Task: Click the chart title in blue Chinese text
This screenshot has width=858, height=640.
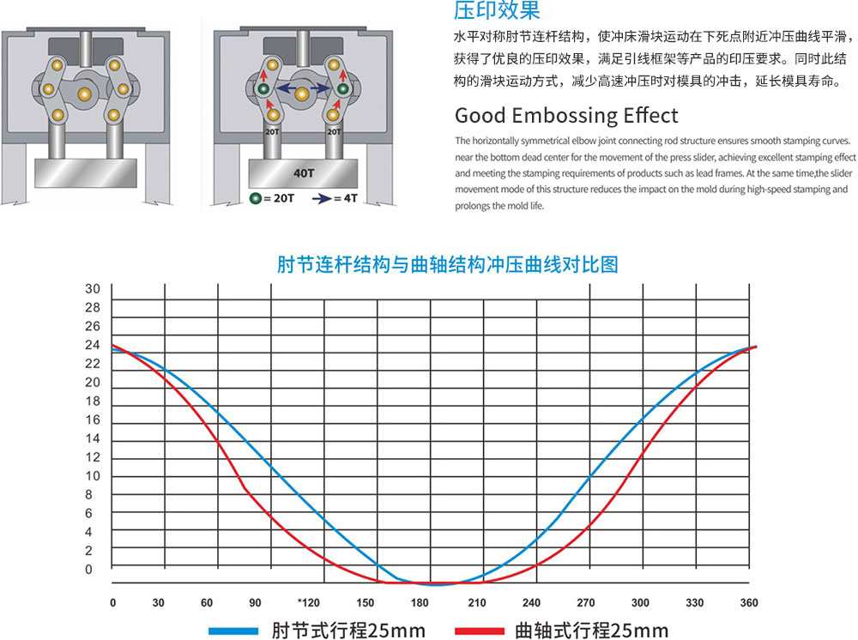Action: (448, 265)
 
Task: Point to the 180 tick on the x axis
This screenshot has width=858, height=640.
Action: (420, 603)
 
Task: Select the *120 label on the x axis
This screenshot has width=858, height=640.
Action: (309, 603)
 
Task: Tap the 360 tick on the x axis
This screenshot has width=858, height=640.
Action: (749, 603)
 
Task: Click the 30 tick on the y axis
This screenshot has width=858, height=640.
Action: (93, 289)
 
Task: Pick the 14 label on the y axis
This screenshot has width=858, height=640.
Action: (93, 438)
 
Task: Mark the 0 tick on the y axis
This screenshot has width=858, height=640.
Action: (88, 570)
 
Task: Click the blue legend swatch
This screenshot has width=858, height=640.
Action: (233, 631)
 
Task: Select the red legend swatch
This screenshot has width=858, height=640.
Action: (480, 631)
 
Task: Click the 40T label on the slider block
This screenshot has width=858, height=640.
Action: (304, 173)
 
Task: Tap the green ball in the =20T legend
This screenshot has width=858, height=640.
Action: (255, 198)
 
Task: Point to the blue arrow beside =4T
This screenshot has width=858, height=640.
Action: (322, 198)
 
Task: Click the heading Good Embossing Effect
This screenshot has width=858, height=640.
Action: (566, 116)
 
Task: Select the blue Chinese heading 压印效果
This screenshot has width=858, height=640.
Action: (497, 10)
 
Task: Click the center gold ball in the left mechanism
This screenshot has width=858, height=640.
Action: (84, 94)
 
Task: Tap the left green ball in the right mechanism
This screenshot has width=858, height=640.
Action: (263, 88)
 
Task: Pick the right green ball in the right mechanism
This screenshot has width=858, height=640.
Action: (342, 88)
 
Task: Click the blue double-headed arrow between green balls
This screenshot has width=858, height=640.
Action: (303, 88)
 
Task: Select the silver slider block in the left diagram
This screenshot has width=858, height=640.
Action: (86, 173)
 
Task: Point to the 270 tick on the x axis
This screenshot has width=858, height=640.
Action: (585, 603)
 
